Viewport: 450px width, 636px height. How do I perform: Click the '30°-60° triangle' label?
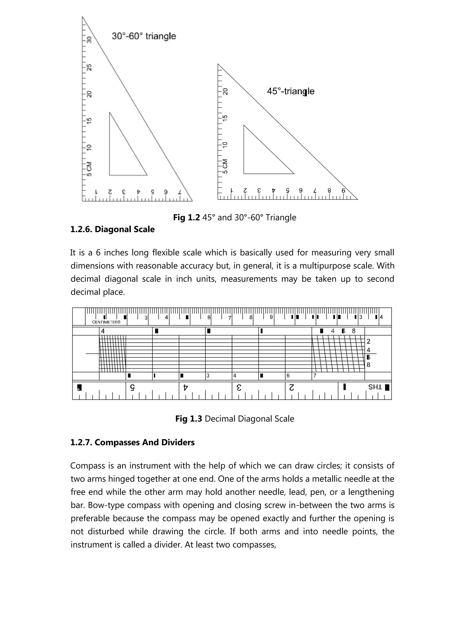pos(144,36)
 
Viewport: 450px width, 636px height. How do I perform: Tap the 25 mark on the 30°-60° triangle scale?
pos(89,67)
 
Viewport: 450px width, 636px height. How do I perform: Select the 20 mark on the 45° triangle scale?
pos(225,92)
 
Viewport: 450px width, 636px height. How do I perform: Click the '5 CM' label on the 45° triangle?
pos(225,166)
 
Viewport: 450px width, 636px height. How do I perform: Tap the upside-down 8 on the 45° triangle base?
pos(329,190)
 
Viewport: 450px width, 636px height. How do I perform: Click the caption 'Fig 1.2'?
pos(186,217)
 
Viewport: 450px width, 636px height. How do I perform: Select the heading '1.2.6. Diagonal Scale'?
pos(112,229)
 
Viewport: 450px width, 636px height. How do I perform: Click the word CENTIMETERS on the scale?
pos(106,322)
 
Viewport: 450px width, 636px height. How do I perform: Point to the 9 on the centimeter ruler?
pos(271,317)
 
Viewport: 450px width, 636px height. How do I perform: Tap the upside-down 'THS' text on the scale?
pos(375,387)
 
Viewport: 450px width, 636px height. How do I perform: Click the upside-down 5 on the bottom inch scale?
pos(132,387)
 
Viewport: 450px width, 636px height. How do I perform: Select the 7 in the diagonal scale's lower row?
pos(315,376)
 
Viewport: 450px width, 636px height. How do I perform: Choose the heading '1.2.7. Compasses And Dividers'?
pos(132,442)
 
